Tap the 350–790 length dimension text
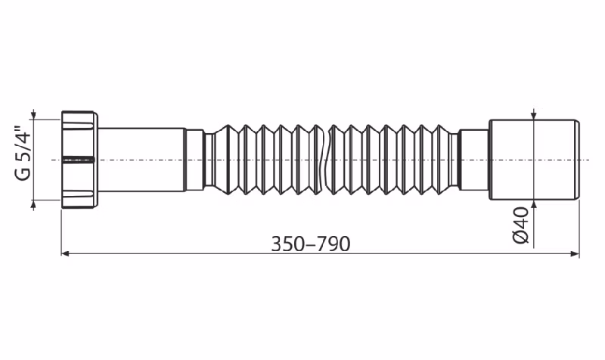click(x=311, y=244)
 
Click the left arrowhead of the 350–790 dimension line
click(x=65, y=253)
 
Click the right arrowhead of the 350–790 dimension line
click(x=576, y=253)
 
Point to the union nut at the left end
click(x=79, y=160)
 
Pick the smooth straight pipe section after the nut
click(x=141, y=160)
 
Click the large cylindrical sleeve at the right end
click(x=534, y=160)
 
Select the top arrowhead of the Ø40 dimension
click(x=534, y=116)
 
